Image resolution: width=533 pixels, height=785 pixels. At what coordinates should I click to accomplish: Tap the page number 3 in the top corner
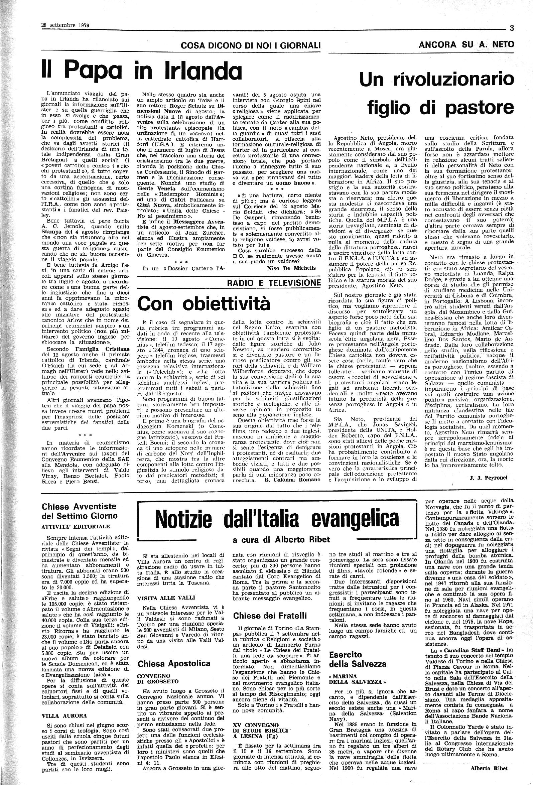pos(511,29)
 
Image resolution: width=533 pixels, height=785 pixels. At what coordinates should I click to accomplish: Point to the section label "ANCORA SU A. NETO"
pos(466,44)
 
